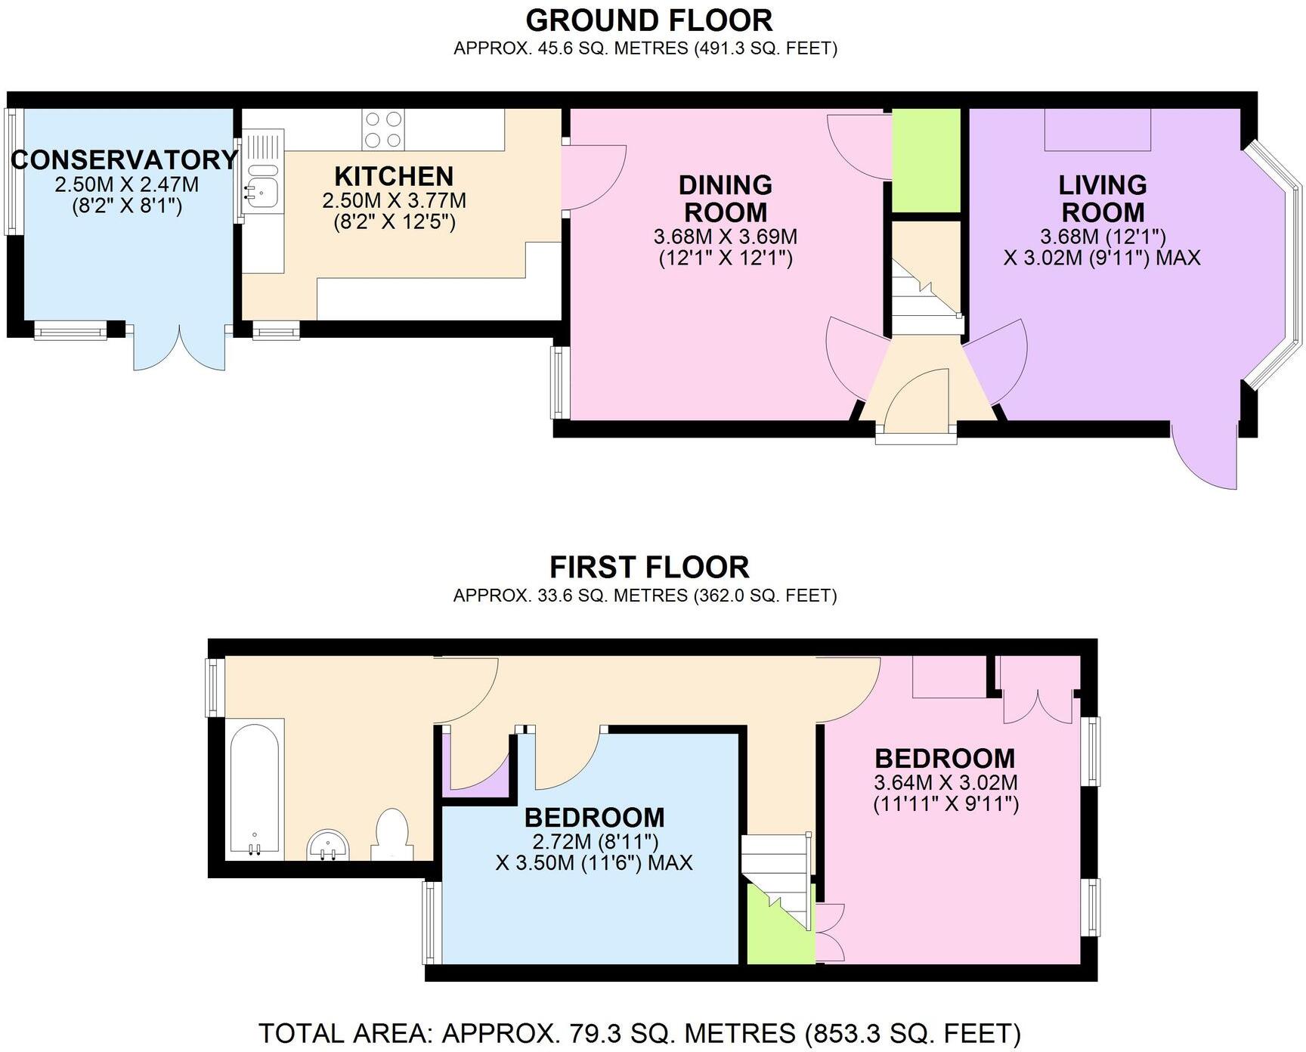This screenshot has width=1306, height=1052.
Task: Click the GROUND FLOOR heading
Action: click(648, 20)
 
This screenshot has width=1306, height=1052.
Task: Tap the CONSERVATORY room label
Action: click(125, 160)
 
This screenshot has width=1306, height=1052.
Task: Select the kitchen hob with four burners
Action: click(383, 129)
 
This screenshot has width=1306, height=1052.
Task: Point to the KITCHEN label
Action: click(394, 177)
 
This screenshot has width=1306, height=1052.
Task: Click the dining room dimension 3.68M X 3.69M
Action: click(726, 237)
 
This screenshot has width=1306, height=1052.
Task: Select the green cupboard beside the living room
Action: click(927, 160)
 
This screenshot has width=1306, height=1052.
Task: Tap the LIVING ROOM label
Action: click(1102, 198)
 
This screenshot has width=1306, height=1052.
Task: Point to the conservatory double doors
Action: click(180, 348)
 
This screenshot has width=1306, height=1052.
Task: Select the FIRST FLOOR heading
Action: click(648, 567)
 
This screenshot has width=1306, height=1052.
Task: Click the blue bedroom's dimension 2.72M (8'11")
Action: click(593, 840)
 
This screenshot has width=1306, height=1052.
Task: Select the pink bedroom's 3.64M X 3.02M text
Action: click(945, 781)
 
